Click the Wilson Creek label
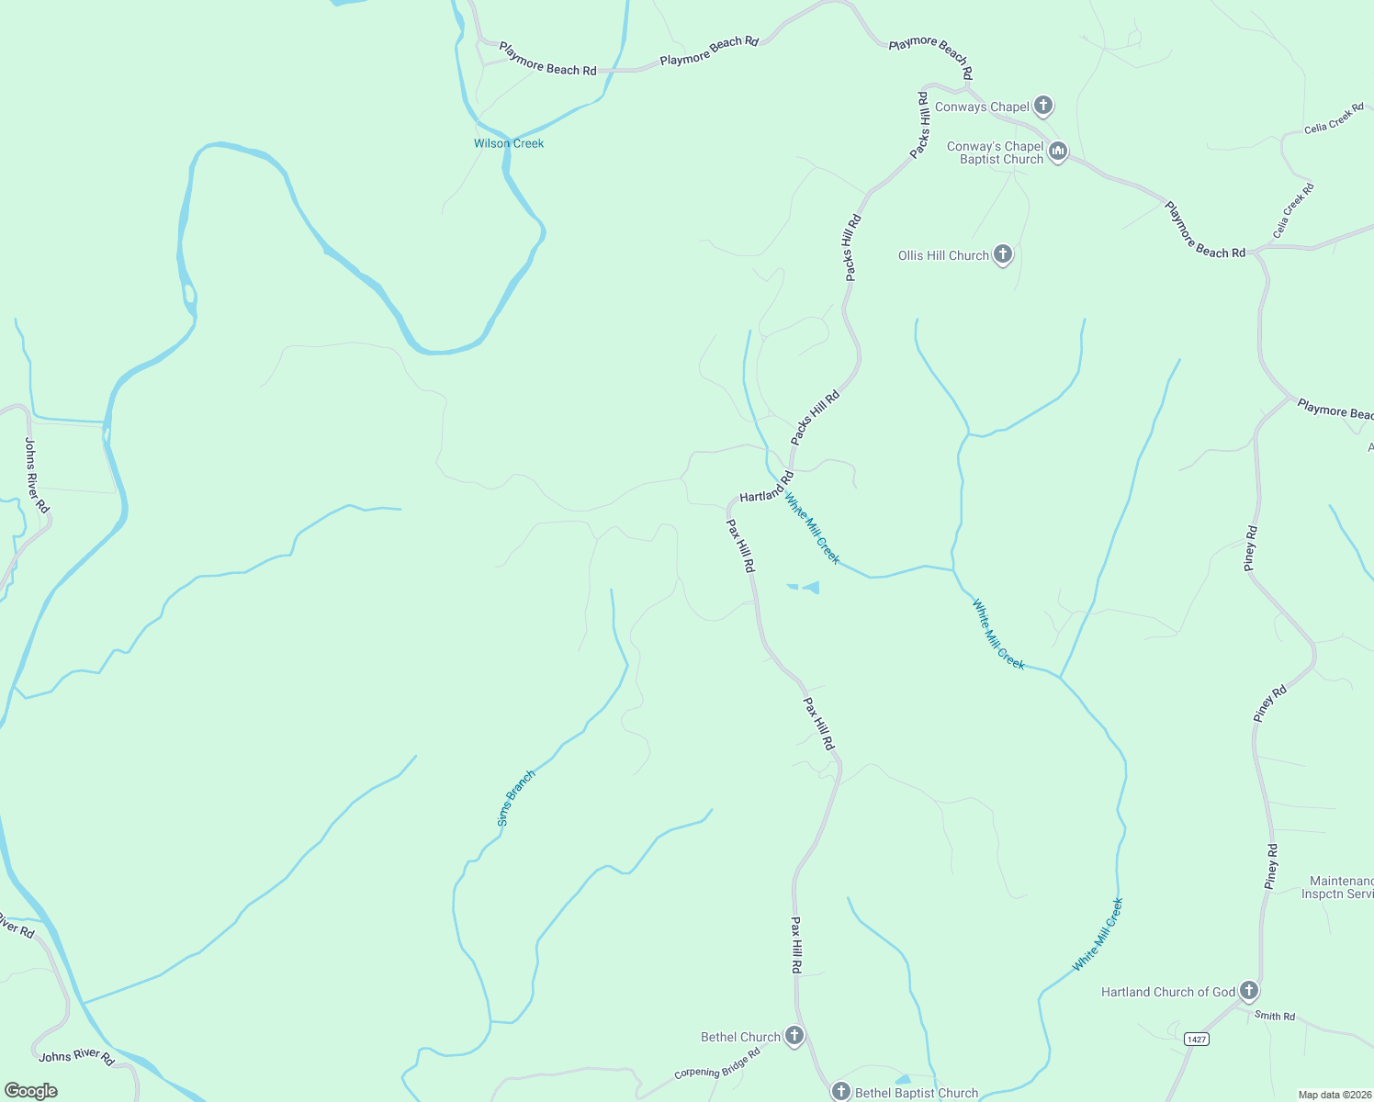click(509, 143)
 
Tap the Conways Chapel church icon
click(1043, 106)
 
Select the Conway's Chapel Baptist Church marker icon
click(1058, 152)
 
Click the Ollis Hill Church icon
click(1003, 254)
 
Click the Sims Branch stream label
click(516, 798)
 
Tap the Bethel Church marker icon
click(794, 1036)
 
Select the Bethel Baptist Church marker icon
click(840, 1091)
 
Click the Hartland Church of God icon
click(1249, 991)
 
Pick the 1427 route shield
click(1196, 1039)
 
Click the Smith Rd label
click(1275, 1016)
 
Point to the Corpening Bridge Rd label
click(717, 1063)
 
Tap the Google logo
click(30, 1091)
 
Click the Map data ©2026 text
click(1334, 1095)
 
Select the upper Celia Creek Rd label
click(1334, 118)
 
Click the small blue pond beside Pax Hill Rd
click(808, 588)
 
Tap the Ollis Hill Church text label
click(943, 255)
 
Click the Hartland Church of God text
click(1168, 992)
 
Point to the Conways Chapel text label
click(982, 107)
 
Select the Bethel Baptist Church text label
click(917, 1093)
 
